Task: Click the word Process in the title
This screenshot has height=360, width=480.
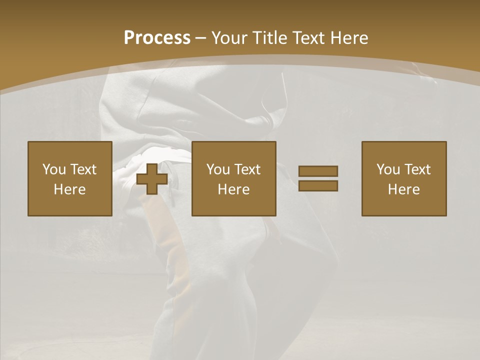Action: click(157, 38)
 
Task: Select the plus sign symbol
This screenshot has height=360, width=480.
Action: click(152, 179)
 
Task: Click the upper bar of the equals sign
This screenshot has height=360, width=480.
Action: click(318, 171)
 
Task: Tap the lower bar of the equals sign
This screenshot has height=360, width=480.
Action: click(318, 185)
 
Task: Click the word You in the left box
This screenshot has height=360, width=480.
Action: click(54, 169)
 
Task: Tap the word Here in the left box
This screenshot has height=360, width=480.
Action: click(69, 189)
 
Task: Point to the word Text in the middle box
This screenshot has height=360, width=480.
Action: click(247, 169)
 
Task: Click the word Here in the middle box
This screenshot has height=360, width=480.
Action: click(233, 189)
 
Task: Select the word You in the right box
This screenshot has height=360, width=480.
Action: click(388, 169)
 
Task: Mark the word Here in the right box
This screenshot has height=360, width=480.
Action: click(403, 189)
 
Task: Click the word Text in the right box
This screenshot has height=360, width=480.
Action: click(417, 169)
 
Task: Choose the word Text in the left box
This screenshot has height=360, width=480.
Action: click(83, 169)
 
